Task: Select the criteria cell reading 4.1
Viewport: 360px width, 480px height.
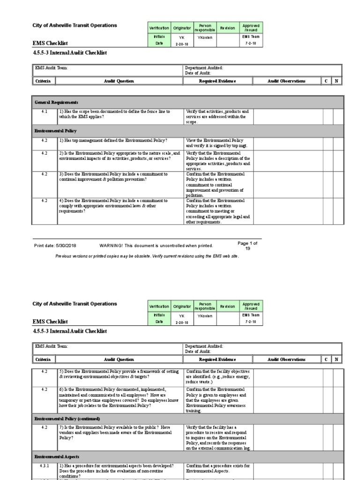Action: pyautogui.click(x=45, y=112)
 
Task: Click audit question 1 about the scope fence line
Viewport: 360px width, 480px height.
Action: pyautogui.click(x=114, y=114)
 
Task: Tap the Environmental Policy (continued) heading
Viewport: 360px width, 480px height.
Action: pyautogui.click(x=67, y=418)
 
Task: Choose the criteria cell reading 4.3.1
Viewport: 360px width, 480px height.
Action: pyautogui.click(x=45, y=465)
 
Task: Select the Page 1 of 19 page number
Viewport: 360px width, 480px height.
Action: pyautogui.click(x=247, y=246)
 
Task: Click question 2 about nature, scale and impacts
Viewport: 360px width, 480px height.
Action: pyautogui.click(x=119, y=156)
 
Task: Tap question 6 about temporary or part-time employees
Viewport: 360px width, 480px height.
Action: pyautogui.click(x=119, y=397)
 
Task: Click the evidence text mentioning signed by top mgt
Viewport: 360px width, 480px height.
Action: pyautogui.click(x=218, y=143)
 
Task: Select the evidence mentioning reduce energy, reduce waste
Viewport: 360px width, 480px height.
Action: pyautogui.click(x=218, y=376)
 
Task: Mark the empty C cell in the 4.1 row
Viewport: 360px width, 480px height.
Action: pyautogui.click(x=326, y=117)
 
